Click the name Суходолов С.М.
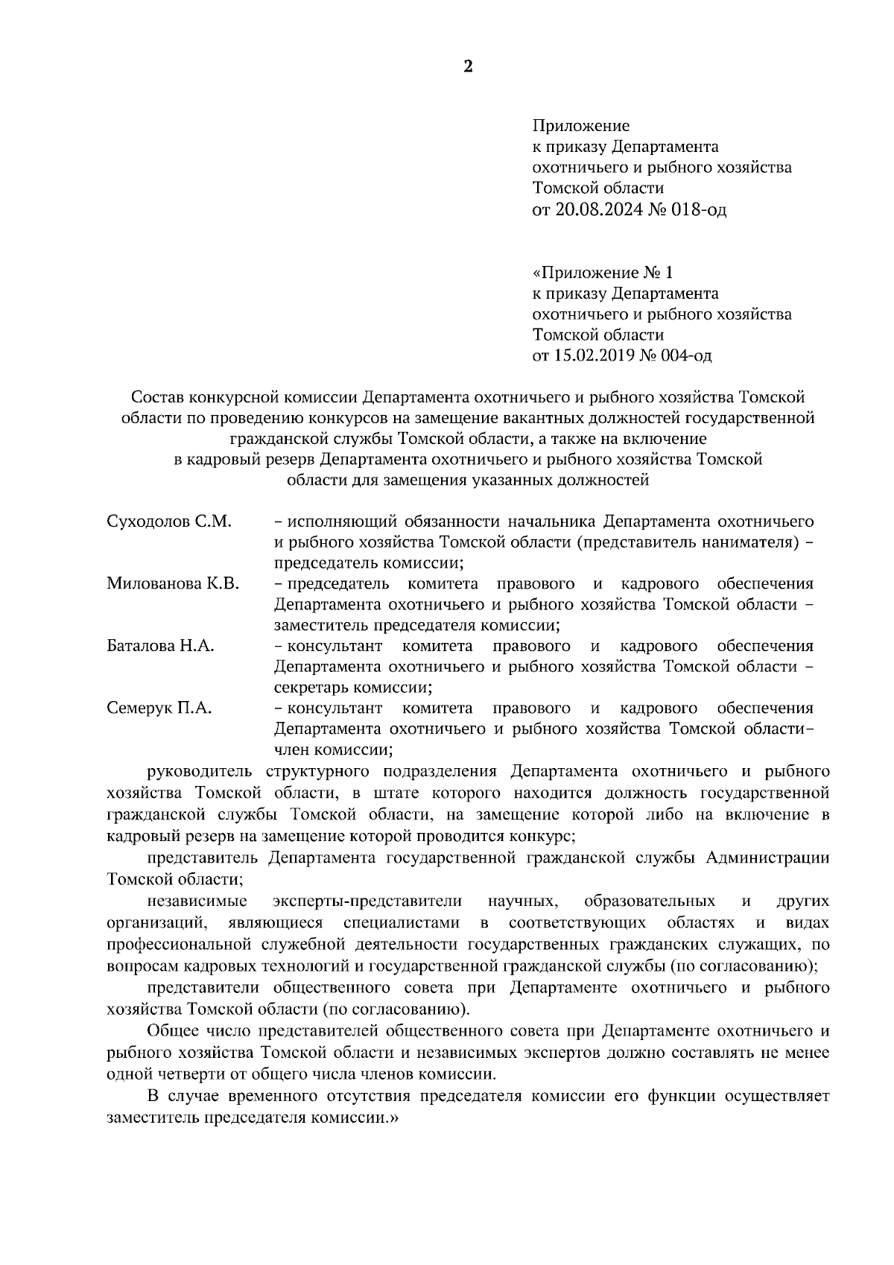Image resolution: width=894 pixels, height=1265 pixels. coord(169,521)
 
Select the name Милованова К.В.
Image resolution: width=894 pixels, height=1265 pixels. coord(173,583)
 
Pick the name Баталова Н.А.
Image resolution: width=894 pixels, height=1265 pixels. coord(161,646)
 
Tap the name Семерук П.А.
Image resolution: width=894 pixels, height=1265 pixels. coord(159,708)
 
